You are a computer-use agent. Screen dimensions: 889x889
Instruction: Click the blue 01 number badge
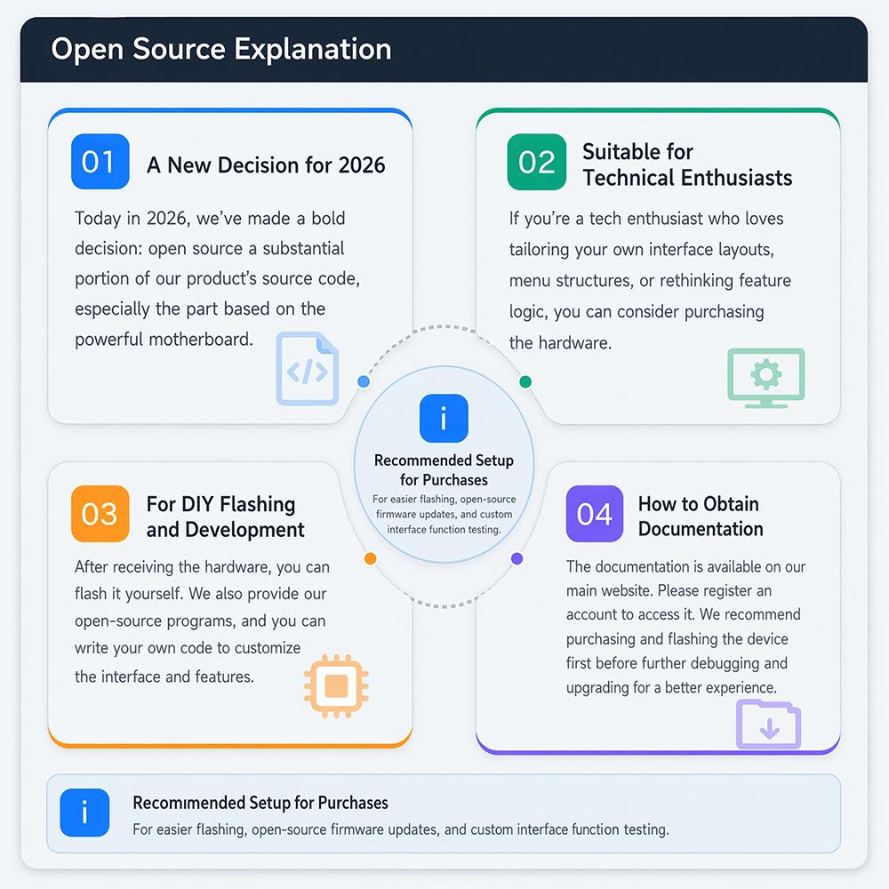tap(100, 162)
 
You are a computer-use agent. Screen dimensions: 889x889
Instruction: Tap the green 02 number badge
tap(536, 162)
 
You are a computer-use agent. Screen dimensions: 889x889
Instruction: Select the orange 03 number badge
tap(100, 514)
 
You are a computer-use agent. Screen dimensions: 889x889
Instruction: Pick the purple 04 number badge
tap(594, 514)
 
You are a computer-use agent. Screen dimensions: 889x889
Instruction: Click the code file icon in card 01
tap(308, 369)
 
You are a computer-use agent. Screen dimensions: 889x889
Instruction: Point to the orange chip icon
tap(336, 686)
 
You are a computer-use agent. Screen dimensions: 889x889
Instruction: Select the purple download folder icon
tap(768, 725)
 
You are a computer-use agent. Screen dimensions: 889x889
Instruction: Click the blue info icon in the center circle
tap(444, 419)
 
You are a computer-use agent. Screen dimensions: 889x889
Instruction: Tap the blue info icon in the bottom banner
tap(84, 813)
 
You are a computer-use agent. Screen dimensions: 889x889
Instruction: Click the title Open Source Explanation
tap(221, 49)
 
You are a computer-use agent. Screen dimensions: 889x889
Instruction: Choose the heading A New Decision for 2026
tap(266, 165)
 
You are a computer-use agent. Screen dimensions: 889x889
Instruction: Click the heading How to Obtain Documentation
tap(701, 516)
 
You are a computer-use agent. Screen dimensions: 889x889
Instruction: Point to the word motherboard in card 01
tap(201, 339)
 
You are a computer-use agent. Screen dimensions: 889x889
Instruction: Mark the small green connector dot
tap(525, 381)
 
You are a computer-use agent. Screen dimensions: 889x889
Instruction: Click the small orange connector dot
tap(370, 559)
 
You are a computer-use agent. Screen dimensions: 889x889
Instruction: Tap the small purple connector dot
tap(517, 558)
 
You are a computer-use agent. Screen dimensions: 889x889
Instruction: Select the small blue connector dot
tap(364, 381)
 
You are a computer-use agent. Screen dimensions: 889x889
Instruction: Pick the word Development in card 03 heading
tap(245, 530)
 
